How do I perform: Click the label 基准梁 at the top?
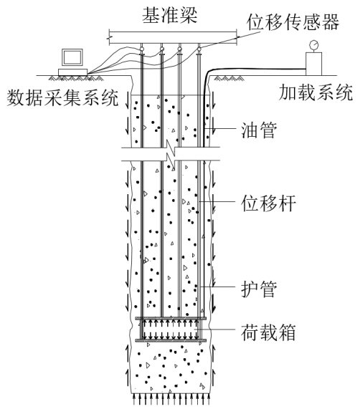coord(170,15)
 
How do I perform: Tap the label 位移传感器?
coord(293,22)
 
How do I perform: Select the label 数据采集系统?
coord(62,98)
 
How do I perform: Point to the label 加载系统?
coord(316,92)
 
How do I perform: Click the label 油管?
coord(258,130)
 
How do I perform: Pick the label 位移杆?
coord(268,203)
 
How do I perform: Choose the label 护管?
coord(258,289)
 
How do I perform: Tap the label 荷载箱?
coord(268,332)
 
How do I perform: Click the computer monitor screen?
coord(72,57)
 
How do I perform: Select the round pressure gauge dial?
coord(313,45)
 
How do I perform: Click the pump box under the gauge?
coord(313,64)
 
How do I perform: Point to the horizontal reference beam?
coord(173,38)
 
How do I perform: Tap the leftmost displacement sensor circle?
coord(142,49)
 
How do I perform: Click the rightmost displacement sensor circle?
coord(199,49)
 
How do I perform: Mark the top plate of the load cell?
coord(171,318)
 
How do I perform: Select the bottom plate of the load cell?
coord(171,340)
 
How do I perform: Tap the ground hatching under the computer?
coord(71,78)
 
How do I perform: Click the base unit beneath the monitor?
coord(72,72)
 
